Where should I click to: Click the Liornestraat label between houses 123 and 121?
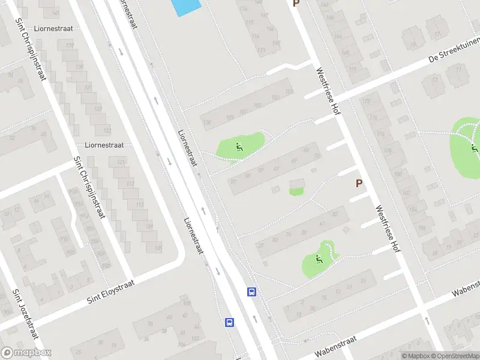pyautogui.click(x=104, y=145)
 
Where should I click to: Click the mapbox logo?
pyautogui.click(x=26, y=353)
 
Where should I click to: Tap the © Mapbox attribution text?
pyautogui.click(x=415, y=356)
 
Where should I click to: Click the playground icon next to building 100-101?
pyautogui.click(x=239, y=146)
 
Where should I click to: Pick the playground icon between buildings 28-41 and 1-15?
pyautogui.click(x=319, y=259)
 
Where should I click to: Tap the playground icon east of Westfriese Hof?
pyautogui.click(x=474, y=147)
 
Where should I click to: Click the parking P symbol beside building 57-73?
pyautogui.click(x=359, y=183)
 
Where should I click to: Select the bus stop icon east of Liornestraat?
pyautogui.click(x=252, y=292)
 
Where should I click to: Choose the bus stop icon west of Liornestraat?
pyautogui.click(x=229, y=322)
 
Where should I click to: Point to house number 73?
pyautogui.click(x=317, y=155)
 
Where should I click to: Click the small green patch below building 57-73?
pyautogui.click(x=296, y=191)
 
